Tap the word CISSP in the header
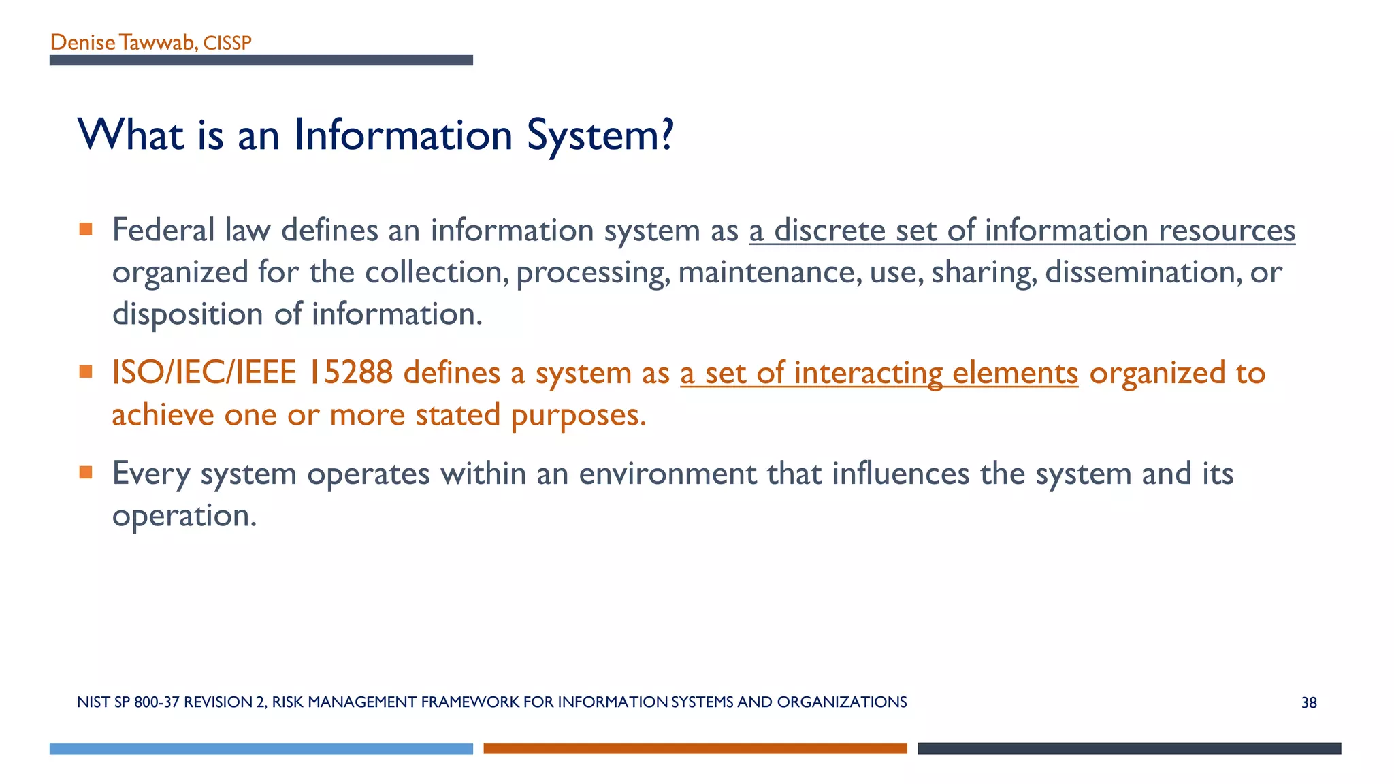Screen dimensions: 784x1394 point(227,44)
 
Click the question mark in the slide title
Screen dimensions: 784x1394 point(666,135)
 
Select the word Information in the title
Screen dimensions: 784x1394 point(403,135)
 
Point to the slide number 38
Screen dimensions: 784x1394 point(1309,703)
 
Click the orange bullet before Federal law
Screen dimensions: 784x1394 point(86,229)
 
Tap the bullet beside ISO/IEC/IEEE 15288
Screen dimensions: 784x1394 point(86,372)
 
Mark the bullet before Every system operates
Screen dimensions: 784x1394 point(86,472)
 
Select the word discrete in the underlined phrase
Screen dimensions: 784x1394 point(830,230)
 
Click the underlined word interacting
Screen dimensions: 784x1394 point(868,373)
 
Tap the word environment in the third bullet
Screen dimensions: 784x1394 point(668,474)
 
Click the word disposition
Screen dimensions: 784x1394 point(188,314)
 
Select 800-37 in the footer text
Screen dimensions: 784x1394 point(157,702)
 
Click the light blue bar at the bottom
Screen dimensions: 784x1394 point(261,749)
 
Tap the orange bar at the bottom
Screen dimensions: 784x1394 point(695,749)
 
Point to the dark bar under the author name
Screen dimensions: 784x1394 point(261,61)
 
